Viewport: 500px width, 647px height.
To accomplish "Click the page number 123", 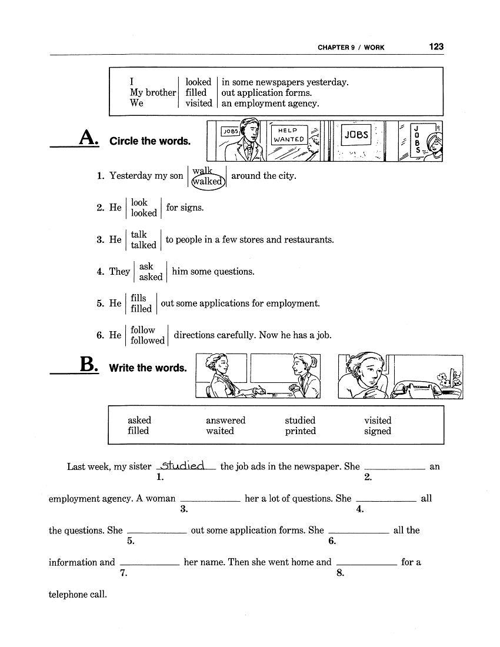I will click(x=436, y=46).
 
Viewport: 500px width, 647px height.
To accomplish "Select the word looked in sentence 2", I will click(x=144, y=214).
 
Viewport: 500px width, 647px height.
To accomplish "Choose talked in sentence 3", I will click(x=143, y=245).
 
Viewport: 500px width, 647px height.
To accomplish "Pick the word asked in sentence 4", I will click(x=151, y=277).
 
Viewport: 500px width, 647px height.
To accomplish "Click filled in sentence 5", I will click(x=141, y=309).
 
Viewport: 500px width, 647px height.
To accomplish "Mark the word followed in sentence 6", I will click(x=148, y=341).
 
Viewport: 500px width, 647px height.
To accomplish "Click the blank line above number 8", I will click(x=366, y=563).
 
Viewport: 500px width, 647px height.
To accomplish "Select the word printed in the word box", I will click(x=300, y=431).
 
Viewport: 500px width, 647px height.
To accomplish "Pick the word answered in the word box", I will click(x=225, y=421).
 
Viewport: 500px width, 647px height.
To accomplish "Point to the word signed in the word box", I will click(x=377, y=431).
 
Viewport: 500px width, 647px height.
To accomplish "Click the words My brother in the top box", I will click(x=152, y=93).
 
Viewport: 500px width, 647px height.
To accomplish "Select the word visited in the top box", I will click(x=198, y=104).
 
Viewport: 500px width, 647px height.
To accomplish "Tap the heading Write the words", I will click(x=148, y=368).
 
